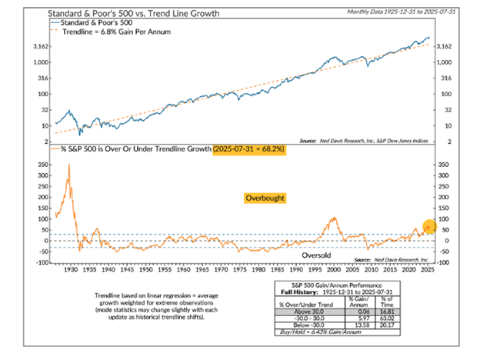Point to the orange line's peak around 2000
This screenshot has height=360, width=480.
point(332,218)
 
